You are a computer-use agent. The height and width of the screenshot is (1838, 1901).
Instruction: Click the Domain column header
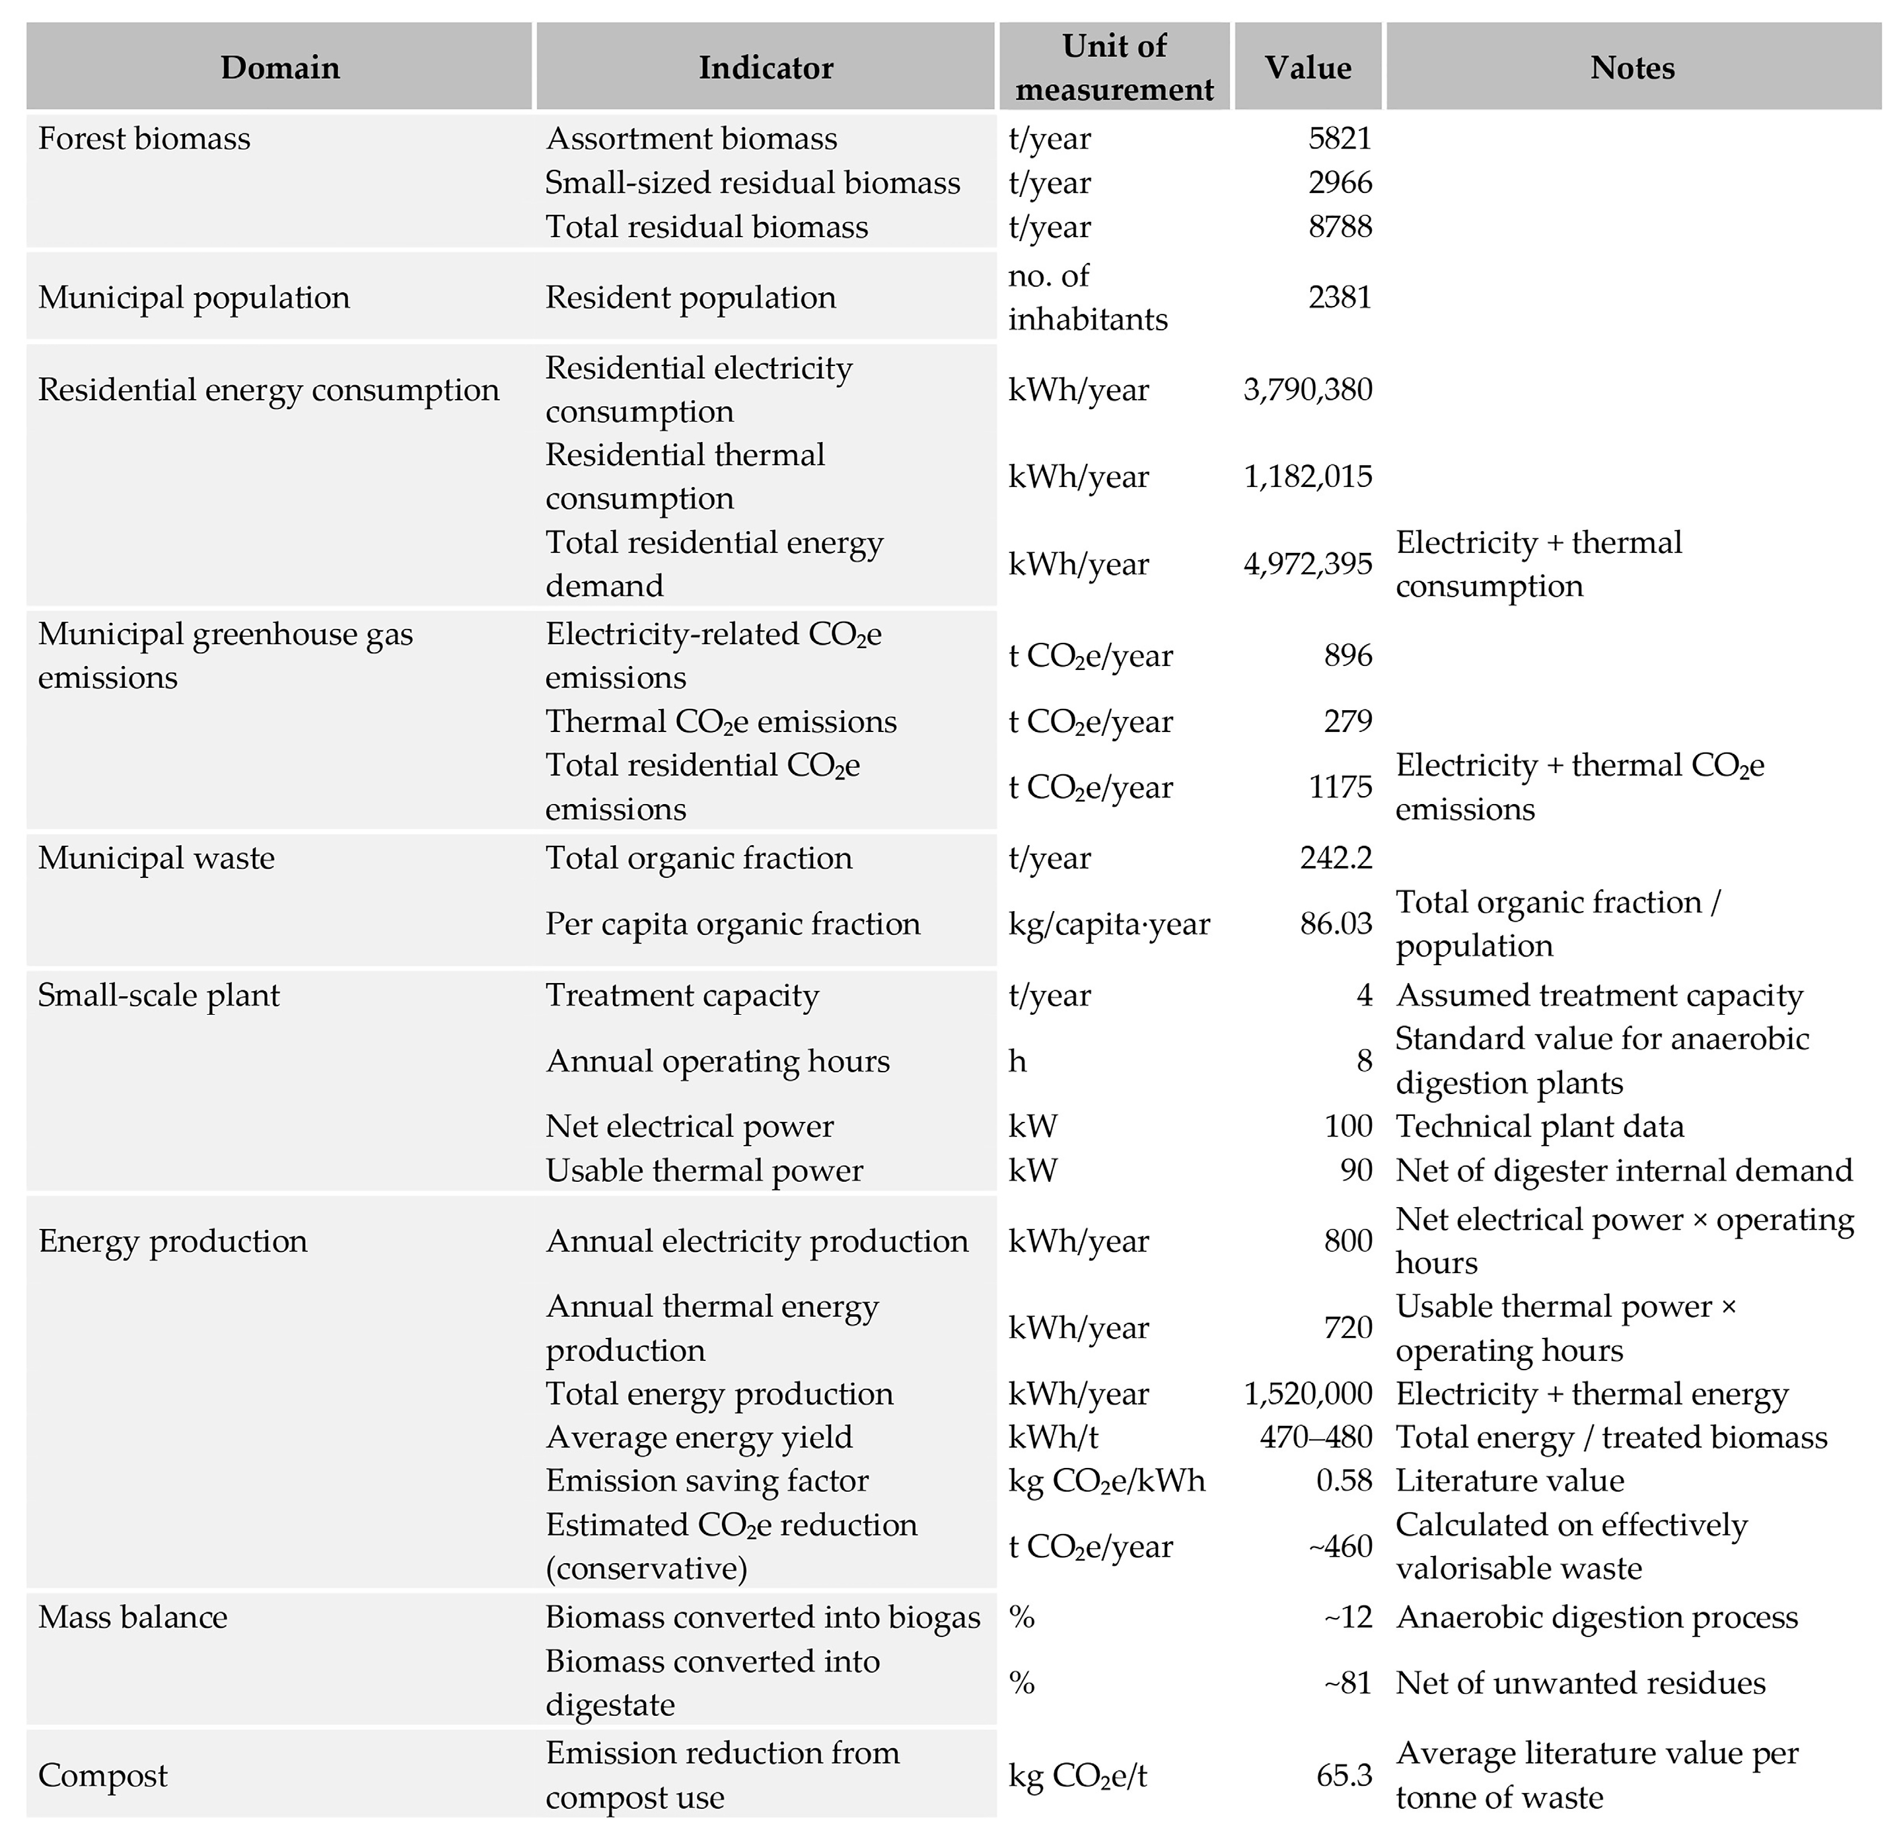point(279,68)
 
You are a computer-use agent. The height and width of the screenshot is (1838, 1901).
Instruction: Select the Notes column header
point(1632,68)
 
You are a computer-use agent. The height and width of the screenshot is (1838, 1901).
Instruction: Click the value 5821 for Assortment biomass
point(1340,139)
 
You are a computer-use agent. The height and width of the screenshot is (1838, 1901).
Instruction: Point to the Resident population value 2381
point(1340,297)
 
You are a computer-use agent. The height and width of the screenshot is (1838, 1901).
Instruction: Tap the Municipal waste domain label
point(156,858)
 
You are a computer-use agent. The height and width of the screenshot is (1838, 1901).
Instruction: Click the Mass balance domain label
point(132,1617)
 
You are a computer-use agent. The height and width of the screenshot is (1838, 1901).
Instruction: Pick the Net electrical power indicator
point(689,1126)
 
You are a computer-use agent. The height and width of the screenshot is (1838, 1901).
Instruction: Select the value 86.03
point(1336,924)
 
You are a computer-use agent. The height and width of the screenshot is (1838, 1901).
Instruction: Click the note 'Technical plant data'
point(1539,1126)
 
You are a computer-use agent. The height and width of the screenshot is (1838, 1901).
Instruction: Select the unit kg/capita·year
point(1108,924)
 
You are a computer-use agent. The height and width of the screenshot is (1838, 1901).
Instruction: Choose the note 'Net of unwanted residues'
point(1580,1683)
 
